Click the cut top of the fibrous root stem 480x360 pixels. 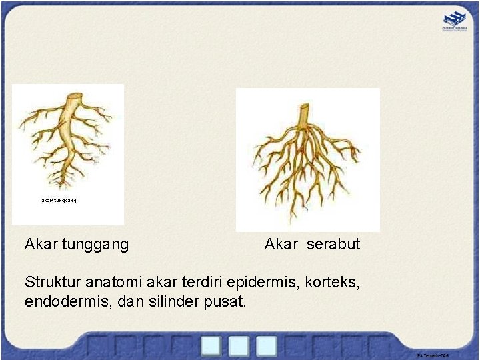(x=303, y=113)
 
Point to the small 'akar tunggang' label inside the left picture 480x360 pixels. (x=60, y=200)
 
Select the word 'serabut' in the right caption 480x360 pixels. (x=333, y=244)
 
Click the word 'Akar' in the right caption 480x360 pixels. (x=281, y=244)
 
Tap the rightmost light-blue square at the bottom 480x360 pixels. (x=266, y=345)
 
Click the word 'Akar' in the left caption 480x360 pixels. (x=41, y=244)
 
